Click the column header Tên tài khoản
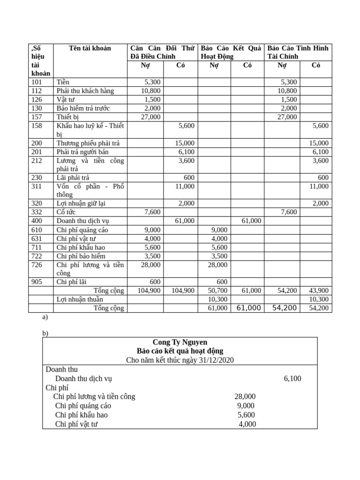click(90, 48)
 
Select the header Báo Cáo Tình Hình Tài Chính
click(298, 52)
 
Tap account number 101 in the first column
click(36, 82)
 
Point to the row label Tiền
click(63, 82)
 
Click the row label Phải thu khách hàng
click(85, 91)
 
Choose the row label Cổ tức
click(66, 212)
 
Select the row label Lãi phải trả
click(73, 177)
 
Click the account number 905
click(36, 282)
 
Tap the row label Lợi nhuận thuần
click(80, 299)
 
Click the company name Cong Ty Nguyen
click(180, 342)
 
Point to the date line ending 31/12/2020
click(180, 360)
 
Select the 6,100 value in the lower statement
click(292, 378)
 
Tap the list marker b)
click(45, 333)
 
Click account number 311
click(36, 186)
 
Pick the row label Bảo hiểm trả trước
click(83, 108)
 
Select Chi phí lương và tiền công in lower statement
click(94, 397)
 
